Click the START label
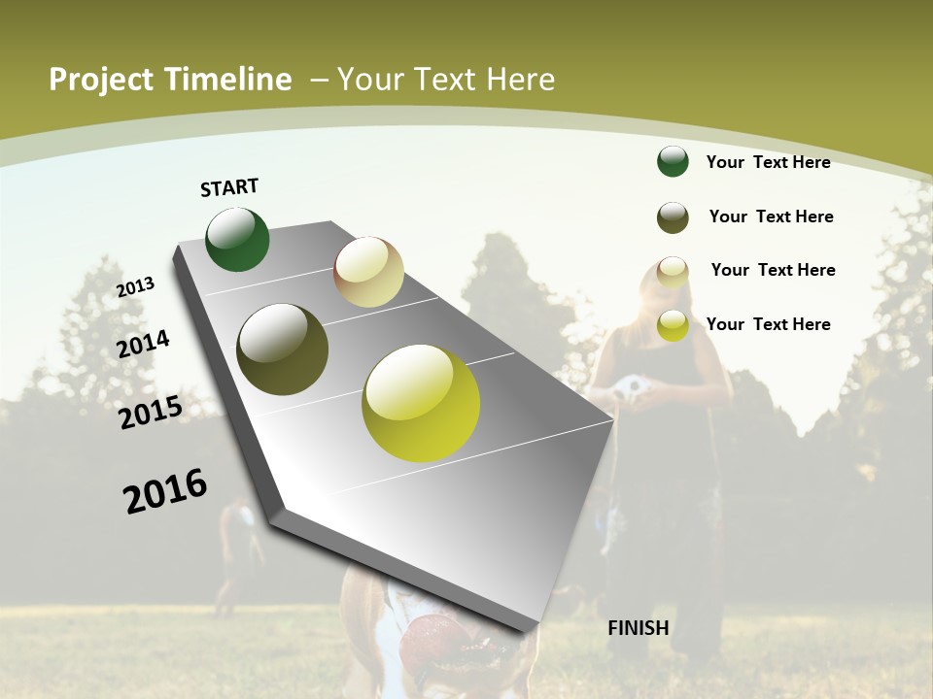[229, 187]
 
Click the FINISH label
[638, 628]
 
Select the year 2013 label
[135, 286]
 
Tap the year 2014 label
[143, 344]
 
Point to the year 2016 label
[165, 491]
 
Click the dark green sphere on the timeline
[237, 239]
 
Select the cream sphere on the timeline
[368, 272]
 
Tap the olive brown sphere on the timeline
[282, 349]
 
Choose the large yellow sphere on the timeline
[421, 403]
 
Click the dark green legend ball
[673, 161]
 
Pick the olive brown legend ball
[673, 217]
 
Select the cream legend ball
[673, 271]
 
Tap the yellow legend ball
[673, 325]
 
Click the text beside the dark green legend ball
[768, 162]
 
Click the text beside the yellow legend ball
[768, 324]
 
